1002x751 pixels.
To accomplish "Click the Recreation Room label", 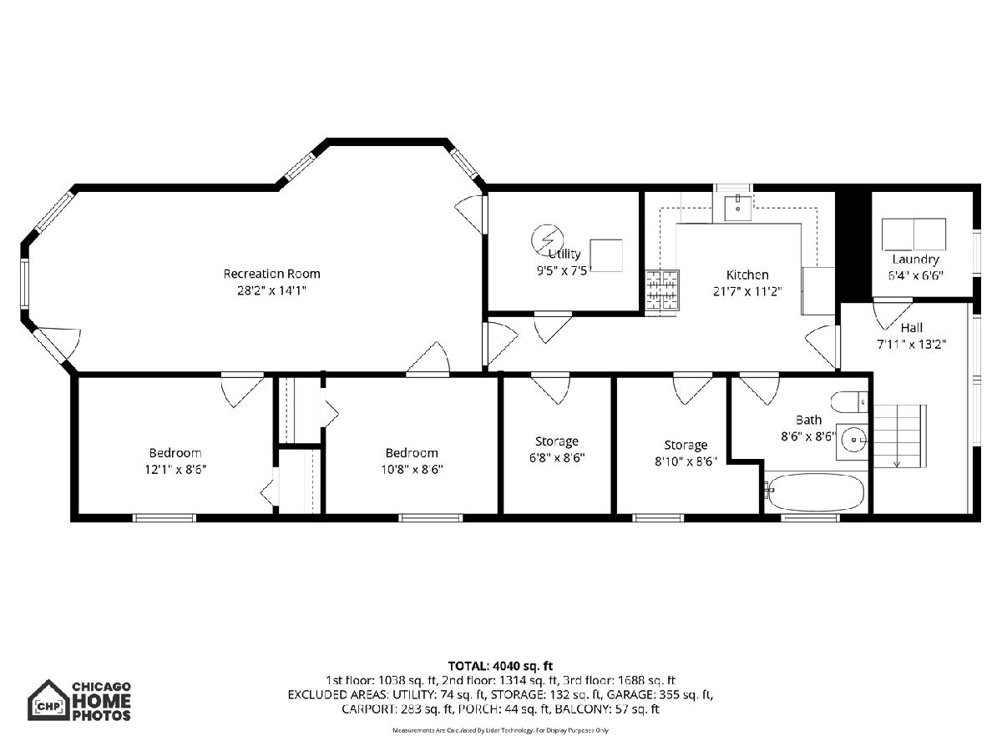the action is point(271,274).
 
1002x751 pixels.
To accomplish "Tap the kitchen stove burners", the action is point(662,291).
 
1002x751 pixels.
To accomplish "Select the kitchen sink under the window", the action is point(737,208).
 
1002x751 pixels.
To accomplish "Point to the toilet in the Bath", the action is point(848,401).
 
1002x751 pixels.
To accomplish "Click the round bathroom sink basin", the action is point(854,440).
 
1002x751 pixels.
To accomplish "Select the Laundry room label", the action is point(915,259).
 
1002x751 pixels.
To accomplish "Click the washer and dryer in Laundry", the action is point(913,234).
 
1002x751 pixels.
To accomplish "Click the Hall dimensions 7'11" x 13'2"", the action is point(911,344).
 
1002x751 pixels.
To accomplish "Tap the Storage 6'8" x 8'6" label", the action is point(557,449).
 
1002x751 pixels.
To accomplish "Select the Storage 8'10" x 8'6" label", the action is point(686,453).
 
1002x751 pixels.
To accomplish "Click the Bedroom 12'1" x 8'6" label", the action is point(175,461).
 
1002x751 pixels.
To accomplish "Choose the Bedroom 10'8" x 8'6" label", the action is point(412,461).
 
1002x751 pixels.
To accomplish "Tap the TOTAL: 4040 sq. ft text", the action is point(500,666).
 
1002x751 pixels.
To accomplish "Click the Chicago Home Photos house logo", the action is point(48,700).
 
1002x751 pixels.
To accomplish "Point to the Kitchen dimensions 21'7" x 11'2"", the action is point(747,291).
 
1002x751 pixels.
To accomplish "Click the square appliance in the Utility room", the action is point(606,255).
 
